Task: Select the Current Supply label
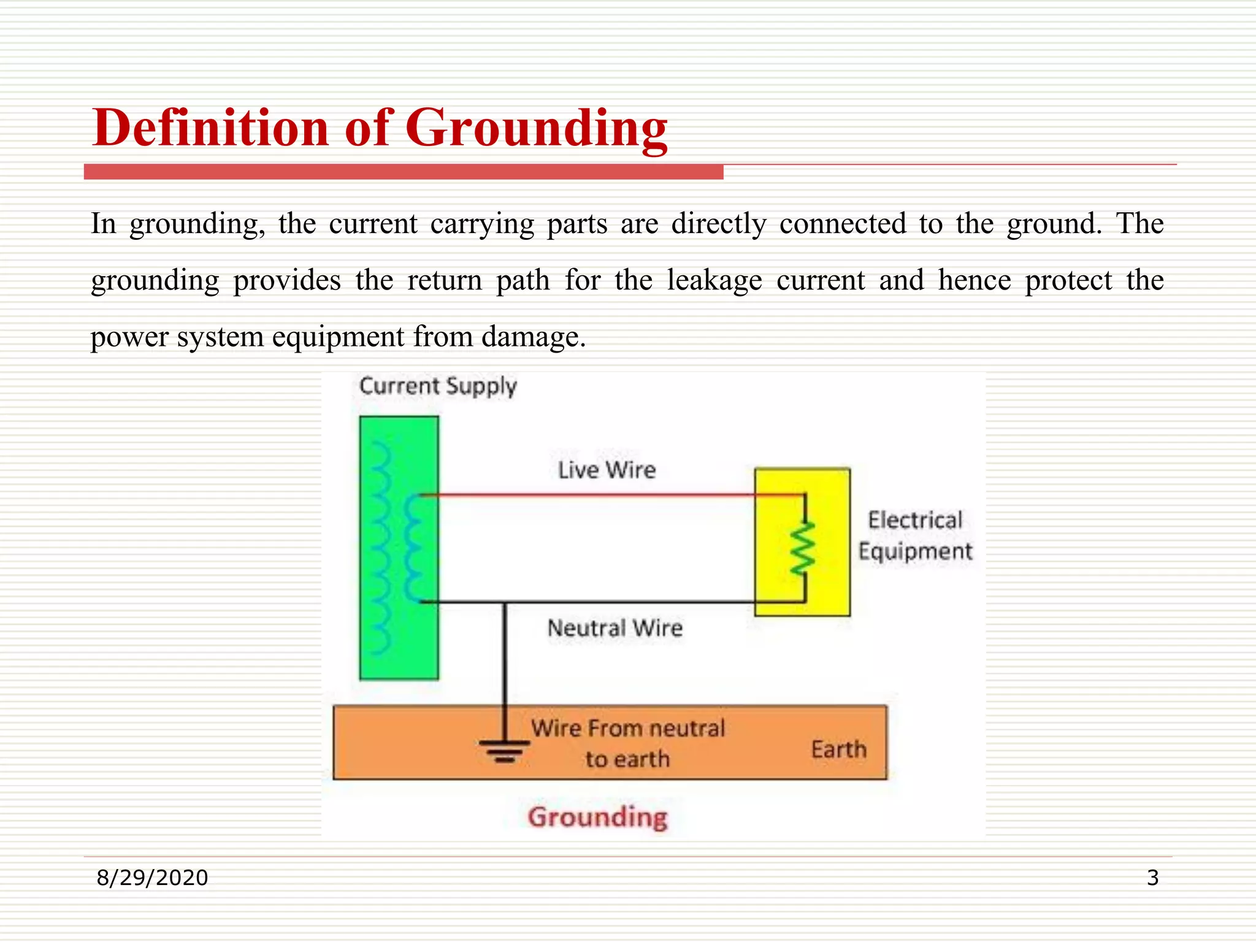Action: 438,386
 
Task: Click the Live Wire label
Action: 607,470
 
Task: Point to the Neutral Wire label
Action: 615,628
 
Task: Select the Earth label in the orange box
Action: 838,749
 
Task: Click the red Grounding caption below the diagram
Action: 597,817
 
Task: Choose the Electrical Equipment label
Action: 915,536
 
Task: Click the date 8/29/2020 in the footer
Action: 152,878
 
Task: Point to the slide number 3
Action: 1152,878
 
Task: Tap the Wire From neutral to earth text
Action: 627,743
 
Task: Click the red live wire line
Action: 589,494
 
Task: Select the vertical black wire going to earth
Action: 505,662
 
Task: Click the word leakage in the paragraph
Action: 714,281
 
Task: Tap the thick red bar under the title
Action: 404,172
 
